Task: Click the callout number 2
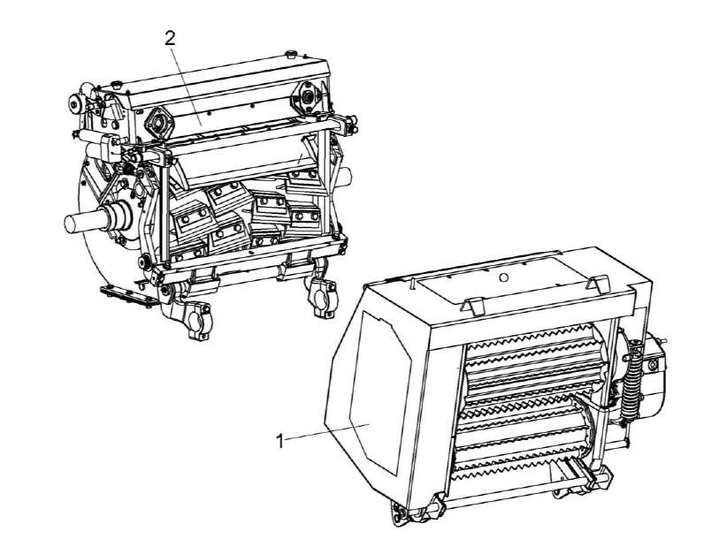(x=169, y=39)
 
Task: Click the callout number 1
(x=280, y=441)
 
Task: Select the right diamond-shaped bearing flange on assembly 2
(x=309, y=95)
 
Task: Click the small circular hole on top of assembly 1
(x=502, y=277)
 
